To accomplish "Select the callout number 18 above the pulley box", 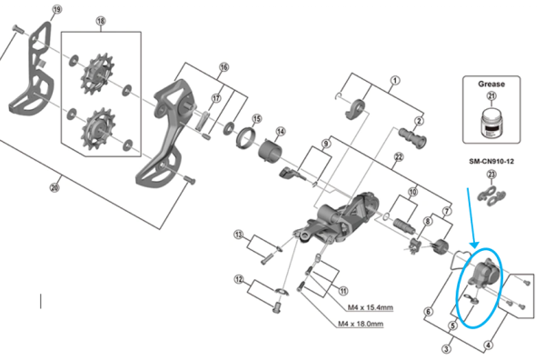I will [x=100, y=20].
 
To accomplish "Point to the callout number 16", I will [x=223, y=67].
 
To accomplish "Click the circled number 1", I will [x=394, y=80].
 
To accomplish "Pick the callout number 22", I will [x=398, y=156].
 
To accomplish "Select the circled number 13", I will [x=239, y=235].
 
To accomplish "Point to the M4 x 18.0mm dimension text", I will [x=360, y=325].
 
